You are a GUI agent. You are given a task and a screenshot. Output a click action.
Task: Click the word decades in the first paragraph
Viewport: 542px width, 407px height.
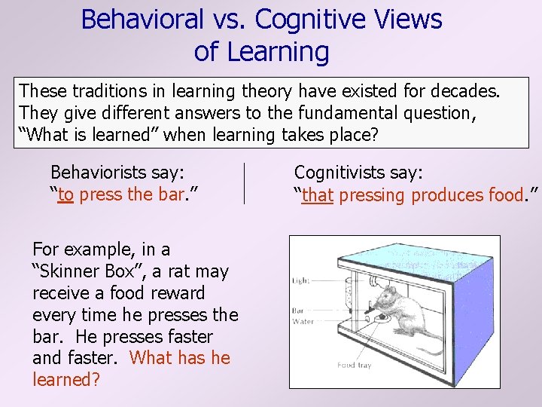[467, 91]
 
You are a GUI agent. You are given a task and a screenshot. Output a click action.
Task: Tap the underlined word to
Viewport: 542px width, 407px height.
[65, 195]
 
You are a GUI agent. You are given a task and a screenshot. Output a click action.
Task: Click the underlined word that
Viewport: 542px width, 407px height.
[318, 195]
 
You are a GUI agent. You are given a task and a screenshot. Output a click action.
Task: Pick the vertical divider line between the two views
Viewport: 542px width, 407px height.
[245, 183]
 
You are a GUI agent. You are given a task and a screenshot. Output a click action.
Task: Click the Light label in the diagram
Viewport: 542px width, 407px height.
[301, 280]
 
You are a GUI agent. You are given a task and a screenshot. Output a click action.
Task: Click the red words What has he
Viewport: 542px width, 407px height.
[180, 358]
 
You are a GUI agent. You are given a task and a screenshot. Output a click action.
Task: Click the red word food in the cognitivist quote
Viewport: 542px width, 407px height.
[504, 195]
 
